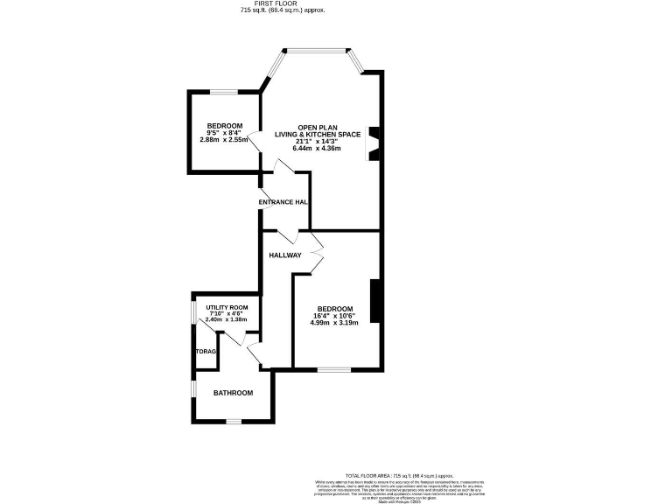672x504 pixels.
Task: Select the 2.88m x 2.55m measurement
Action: (x=224, y=140)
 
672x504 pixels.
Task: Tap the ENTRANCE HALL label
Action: (x=283, y=202)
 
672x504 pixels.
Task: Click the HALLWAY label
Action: (x=285, y=255)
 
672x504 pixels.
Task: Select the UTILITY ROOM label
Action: (x=227, y=307)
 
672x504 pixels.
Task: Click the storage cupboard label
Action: (x=206, y=352)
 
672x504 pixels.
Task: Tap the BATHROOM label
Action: (x=234, y=393)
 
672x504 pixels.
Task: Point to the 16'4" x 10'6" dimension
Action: (x=334, y=316)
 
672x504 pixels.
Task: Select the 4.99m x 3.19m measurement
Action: (x=334, y=323)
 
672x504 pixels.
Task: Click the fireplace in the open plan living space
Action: (x=374, y=144)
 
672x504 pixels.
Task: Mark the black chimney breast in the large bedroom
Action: (x=374, y=301)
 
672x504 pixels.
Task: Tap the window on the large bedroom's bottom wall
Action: (x=333, y=368)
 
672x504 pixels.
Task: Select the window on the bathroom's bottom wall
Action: (x=233, y=422)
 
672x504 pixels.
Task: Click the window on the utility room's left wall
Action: (x=193, y=313)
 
